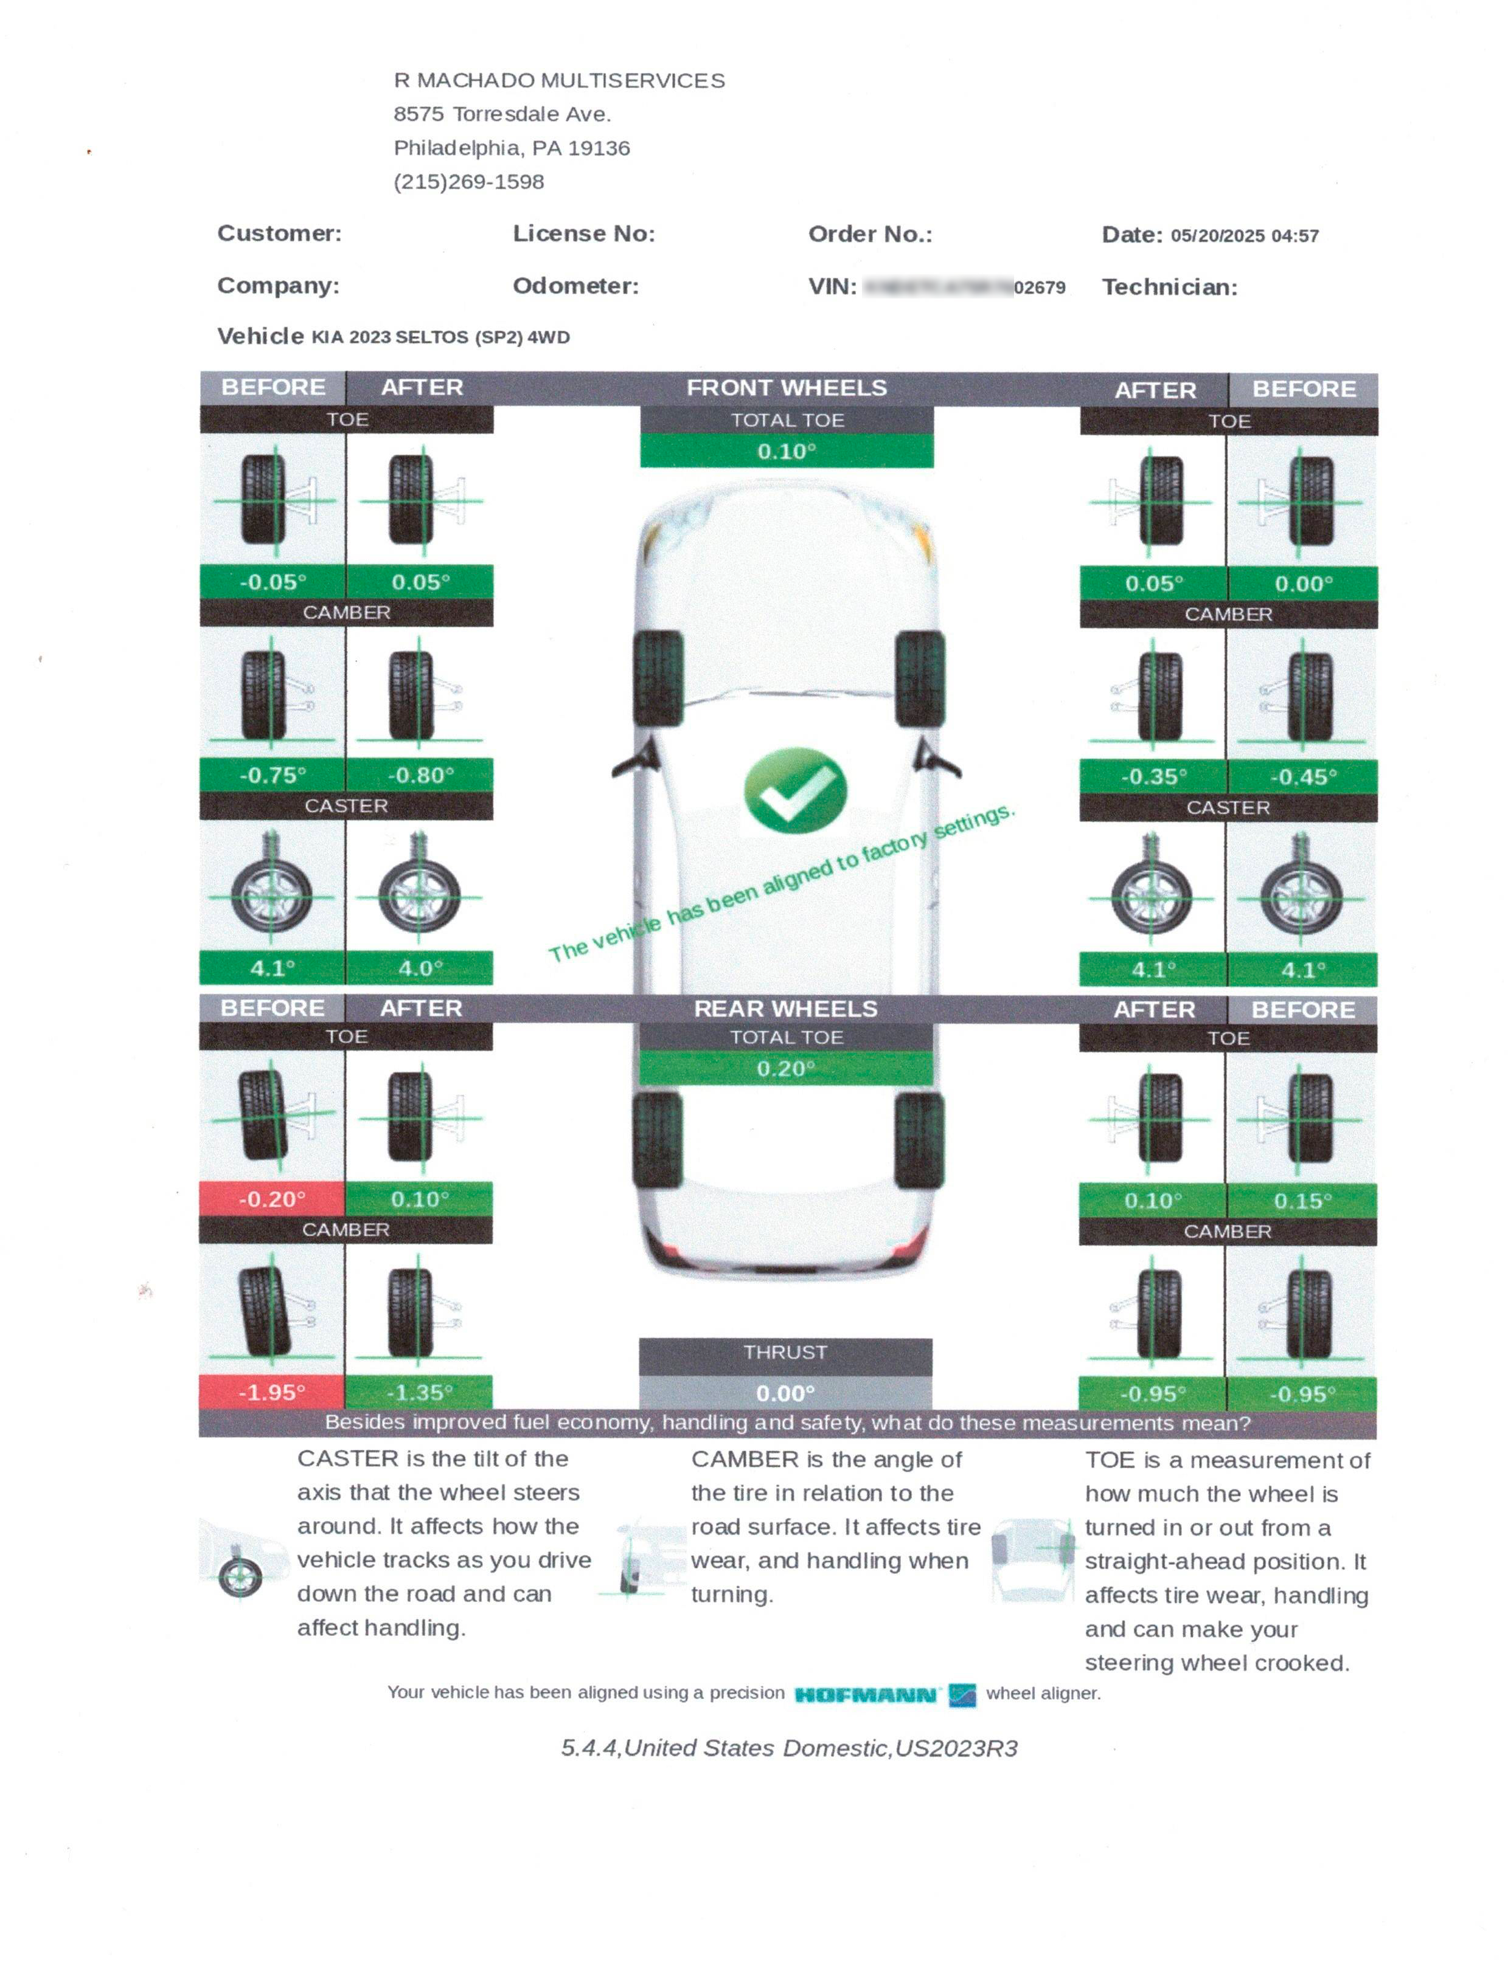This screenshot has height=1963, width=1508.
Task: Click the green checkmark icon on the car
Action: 794,790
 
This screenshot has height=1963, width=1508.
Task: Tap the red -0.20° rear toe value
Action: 272,1199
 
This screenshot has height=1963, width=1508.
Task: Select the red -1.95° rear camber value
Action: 272,1392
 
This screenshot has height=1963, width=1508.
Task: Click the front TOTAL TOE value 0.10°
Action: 787,451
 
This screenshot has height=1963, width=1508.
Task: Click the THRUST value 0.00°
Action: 785,1392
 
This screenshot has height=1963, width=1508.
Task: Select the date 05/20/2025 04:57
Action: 1244,236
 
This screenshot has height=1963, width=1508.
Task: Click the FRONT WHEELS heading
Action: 787,388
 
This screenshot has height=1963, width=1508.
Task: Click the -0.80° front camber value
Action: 420,775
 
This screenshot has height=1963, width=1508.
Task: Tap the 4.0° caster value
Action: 420,968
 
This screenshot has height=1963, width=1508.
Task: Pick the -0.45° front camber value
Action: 1302,776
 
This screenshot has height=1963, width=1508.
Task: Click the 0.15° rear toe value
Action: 1302,1201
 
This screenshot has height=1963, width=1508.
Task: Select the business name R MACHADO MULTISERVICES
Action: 559,81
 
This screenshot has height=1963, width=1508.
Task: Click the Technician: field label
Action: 1170,287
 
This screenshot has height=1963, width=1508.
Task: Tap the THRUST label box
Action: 785,1352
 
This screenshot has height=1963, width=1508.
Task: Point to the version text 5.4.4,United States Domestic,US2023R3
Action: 789,1748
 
